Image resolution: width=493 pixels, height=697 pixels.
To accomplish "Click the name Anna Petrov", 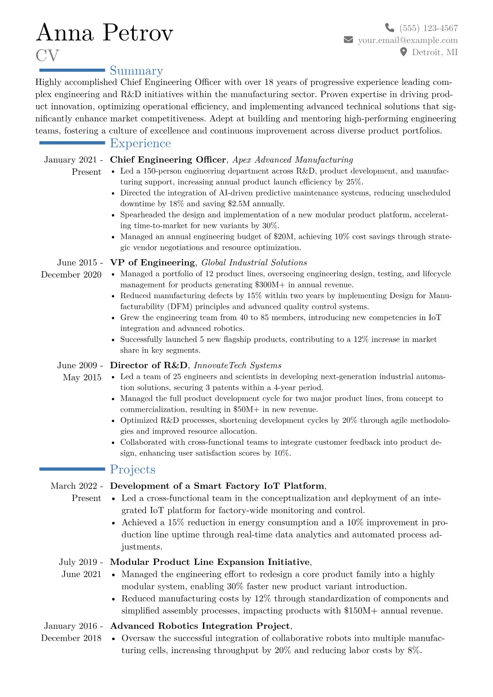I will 104,33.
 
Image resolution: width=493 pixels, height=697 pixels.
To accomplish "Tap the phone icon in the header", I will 389,28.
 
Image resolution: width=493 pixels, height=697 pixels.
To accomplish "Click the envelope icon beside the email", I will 348,40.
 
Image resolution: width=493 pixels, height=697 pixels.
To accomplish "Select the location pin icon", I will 403,52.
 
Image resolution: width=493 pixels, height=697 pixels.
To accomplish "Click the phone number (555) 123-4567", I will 428,28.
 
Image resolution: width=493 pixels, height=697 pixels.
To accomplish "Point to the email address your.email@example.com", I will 408,40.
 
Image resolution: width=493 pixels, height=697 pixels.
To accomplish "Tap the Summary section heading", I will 136,70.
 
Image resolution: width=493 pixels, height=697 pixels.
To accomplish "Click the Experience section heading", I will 140,143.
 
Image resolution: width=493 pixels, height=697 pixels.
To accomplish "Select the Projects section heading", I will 133,469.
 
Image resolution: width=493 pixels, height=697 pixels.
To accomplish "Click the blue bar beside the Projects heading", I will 72,469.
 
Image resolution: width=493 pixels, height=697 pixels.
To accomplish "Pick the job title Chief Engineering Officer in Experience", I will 168,160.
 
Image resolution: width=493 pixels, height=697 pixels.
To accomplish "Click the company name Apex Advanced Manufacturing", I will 292,160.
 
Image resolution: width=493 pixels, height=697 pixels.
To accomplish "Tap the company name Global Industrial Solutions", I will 254,263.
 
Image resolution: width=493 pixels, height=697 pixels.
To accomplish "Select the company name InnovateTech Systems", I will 237,365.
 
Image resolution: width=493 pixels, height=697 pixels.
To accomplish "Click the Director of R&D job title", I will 148,365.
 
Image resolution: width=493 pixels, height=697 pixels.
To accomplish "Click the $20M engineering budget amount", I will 283,236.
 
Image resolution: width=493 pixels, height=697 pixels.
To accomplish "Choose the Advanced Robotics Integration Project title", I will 200,626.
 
